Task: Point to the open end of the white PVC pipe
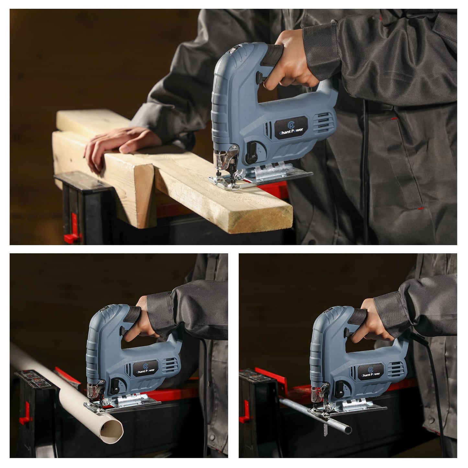pyautogui.click(x=112, y=432)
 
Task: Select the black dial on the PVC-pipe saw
pyautogui.click(x=114, y=384)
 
